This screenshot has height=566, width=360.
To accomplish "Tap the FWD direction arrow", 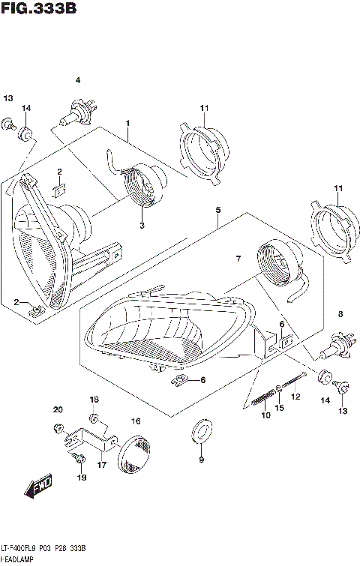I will tap(37, 488).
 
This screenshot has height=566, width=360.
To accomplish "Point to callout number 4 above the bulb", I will tap(76, 80).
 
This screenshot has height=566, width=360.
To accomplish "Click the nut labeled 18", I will tap(94, 417).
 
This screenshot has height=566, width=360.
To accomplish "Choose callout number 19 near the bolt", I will tap(82, 477).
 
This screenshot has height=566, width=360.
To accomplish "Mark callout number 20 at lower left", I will tap(57, 409).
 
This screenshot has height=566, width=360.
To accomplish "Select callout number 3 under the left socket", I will tap(141, 225).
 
